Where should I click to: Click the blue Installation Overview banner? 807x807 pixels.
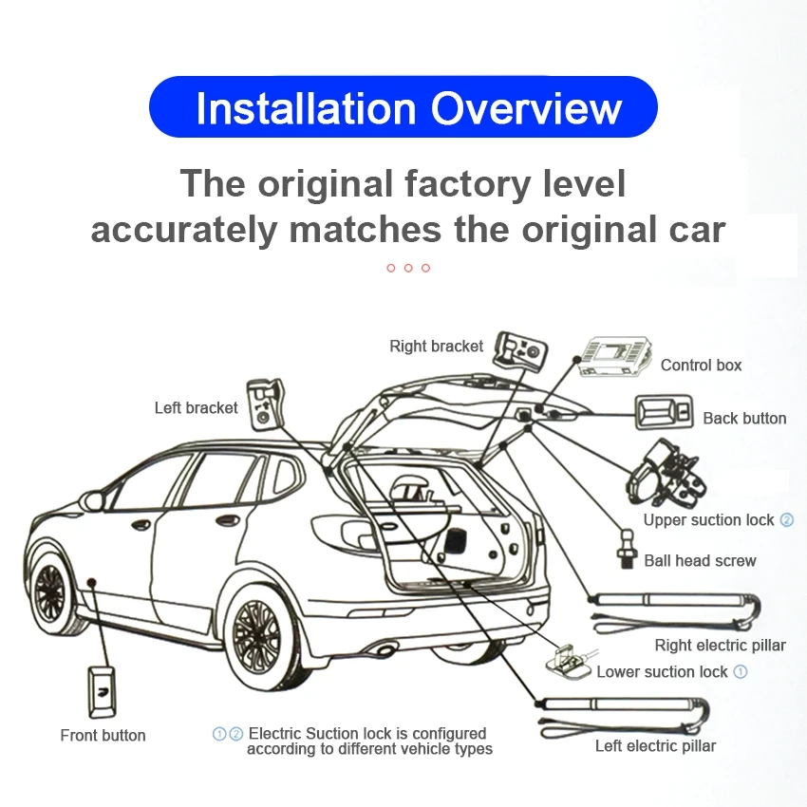click(x=403, y=107)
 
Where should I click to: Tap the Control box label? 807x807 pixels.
click(x=701, y=366)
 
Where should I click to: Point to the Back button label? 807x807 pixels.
click(x=744, y=419)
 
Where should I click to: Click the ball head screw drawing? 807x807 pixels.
click(x=626, y=554)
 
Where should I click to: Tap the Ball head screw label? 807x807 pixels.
click(x=700, y=561)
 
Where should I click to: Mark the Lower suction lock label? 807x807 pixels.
click(x=662, y=672)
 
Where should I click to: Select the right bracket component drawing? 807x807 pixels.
click(x=520, y=354)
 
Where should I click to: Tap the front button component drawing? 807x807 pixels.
click(x=103, y=690)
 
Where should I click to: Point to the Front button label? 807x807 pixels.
click(x=103, y=736)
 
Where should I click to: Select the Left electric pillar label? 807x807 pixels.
click(x=655, y=746)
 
